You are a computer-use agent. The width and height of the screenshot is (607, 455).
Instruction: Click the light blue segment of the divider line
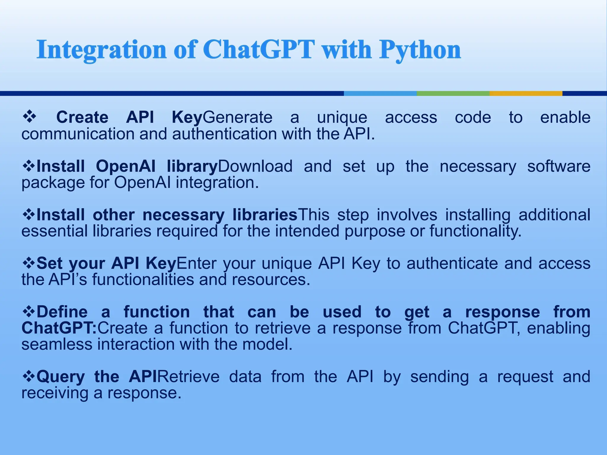[380, 93]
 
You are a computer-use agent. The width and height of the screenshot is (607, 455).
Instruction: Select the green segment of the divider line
[453, 93]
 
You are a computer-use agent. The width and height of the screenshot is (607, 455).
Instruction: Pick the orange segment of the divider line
[526, 93]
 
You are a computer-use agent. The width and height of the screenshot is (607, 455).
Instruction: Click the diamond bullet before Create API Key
[29, 117]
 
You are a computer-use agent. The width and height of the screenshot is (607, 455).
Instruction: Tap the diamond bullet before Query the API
[29, 376]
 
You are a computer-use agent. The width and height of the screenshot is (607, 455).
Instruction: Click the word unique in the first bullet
[342, 118]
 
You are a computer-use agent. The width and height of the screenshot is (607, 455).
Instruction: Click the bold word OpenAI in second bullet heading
[126, 166]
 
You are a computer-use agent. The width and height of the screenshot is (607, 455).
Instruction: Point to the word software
[559, 166]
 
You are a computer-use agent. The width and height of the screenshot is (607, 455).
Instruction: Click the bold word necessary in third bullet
[183, 215]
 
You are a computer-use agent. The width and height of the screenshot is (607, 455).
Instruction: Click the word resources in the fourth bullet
[271, 280]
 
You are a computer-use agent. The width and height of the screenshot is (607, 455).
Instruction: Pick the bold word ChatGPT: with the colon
[59, 328]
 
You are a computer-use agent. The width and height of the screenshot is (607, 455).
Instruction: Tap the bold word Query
[61, 377]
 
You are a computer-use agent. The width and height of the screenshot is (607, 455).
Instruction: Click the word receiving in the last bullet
[55, 393]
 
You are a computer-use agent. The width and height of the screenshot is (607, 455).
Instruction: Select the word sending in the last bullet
[440, 377]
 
